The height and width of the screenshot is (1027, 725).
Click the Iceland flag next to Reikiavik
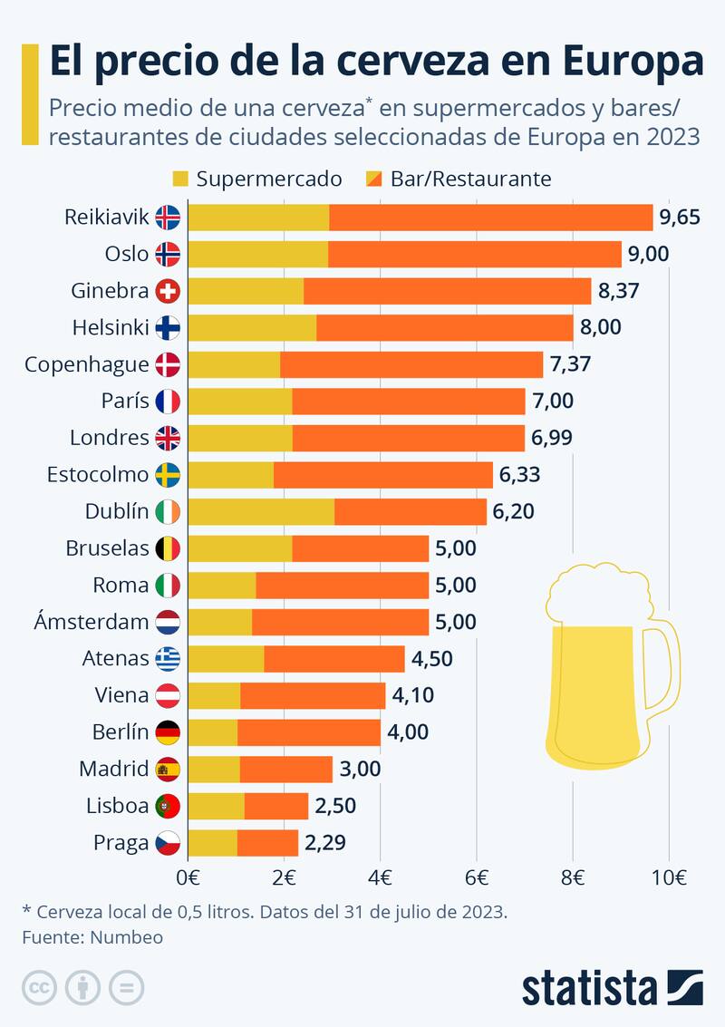point(168,218)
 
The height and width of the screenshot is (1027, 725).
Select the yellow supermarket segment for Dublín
point(261,511)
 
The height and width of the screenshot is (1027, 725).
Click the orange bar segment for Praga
point(267,843)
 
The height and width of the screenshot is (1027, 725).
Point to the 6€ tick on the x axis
point(477,877)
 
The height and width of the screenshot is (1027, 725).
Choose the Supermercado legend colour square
point(179,179)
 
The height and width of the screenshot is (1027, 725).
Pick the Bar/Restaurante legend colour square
point(373,179)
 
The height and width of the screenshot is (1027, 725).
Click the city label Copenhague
point(86,364)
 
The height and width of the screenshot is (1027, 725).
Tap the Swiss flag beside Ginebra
point(168,291)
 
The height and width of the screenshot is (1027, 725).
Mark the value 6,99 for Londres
point(552,438)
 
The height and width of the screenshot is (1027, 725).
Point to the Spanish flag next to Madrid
point(168,770)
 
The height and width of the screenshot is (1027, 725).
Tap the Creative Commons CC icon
point(39,987)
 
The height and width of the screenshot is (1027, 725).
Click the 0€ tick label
point(188,877)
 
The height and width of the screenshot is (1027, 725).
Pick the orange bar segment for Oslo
point(475,254)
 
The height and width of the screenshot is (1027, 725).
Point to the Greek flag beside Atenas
point(168,658)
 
